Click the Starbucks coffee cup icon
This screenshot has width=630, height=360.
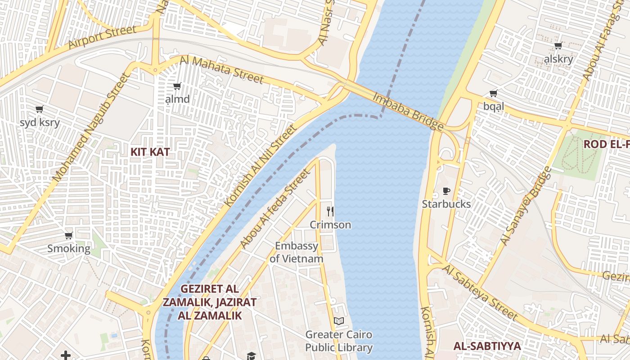click(x=446, y=191)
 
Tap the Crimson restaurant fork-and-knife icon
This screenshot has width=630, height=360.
click(x=330, y=211)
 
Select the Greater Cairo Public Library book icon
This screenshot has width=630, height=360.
click(x=339, y=321)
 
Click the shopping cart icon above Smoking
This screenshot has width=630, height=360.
click(x=69, y=235)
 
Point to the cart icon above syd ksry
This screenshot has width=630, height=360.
click(x=40, y=109)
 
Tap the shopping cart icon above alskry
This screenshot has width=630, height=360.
click(x=558, y=45)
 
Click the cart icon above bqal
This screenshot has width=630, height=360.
click(x=494, y=94)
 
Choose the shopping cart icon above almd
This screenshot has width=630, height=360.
click(x=177, y=86)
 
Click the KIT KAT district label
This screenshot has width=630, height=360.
click(x=150, y=152)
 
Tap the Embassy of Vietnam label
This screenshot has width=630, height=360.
click(x=297, y=252)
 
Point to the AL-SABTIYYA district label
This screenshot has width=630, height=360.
click(x=487, y=346)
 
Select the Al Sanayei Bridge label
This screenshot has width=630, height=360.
click(x=526, y=206)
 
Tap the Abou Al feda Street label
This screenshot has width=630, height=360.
click(x=275, y=208)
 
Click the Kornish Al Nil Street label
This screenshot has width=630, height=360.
click(x=261, y=166)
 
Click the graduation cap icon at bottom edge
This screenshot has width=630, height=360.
click(x=251, y=356)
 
